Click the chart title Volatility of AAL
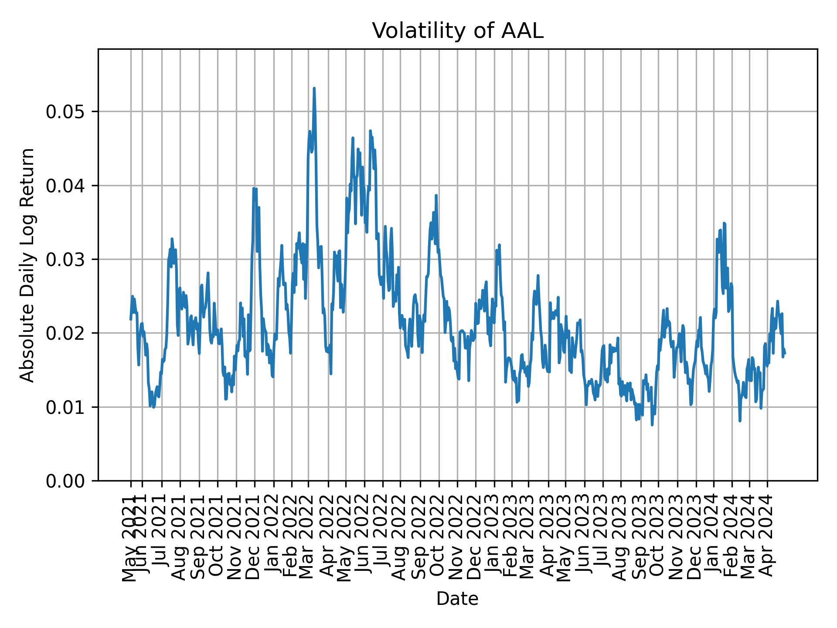(x=457, y=31)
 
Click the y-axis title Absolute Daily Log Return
(x=28, y=265)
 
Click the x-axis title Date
(x=457, y=599)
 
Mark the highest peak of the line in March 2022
(x=314, y=88)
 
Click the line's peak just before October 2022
(x=436, y=195)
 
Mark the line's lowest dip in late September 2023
(x=652, y=425)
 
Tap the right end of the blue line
(x=785, y=354)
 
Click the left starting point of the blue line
(x=130, y=320)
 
